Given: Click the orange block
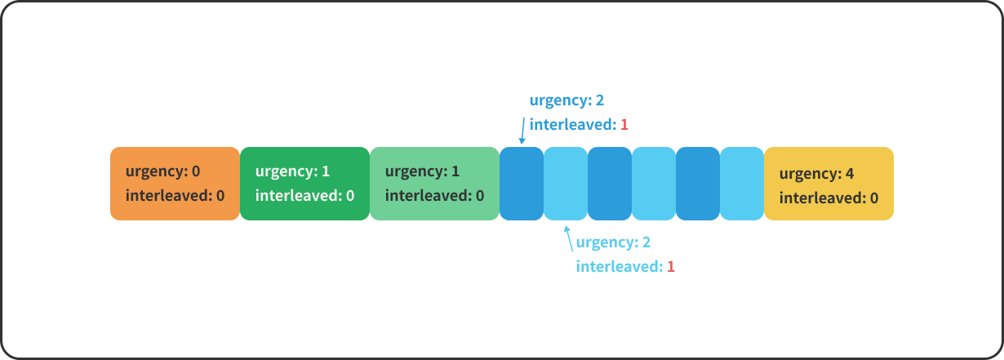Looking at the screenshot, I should (x=175, y=184).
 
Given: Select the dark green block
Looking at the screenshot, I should (x=304, y=184).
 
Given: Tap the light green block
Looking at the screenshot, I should (x=434, y=184).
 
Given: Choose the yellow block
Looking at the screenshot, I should (x=829, y=184).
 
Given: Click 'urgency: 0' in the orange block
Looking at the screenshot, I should (x=162, y=171).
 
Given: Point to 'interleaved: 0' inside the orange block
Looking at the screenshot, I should (x=175, y=196).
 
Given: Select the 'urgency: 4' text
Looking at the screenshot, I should (x=816, y=174).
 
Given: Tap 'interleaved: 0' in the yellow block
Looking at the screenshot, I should (x=829, y=198).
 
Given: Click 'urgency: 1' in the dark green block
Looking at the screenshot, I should (x=292, y=171).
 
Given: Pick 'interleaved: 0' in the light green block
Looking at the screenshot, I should (x=434, y=196).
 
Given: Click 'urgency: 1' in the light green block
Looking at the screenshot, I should (x=422, y=171).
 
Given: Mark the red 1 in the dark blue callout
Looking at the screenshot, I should (x=624, y=125).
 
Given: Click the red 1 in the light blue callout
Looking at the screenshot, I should (x=671, y=267).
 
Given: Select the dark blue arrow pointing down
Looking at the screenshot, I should (x=522, y=129).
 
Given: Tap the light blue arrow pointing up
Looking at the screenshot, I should (x=568, y=238).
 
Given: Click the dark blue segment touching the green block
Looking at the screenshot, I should (x=522, y=184).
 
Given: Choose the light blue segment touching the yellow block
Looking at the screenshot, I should (x=742, y=184).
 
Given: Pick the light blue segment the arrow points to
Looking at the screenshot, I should (x=566, y=184).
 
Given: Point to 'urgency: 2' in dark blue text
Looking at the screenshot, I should (x=566, y=100).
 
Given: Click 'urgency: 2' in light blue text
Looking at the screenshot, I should (x=613, y=242).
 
